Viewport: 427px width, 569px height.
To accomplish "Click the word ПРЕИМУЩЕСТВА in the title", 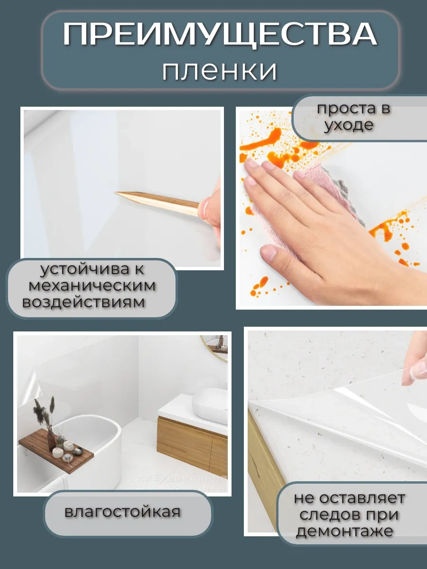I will (220, 35).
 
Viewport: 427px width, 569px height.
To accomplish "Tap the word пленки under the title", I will (220, 71).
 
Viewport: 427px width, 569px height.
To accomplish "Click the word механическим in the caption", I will (92, 286).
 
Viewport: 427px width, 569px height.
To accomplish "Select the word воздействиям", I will (84, 303).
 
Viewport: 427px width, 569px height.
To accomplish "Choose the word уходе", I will (349, 126).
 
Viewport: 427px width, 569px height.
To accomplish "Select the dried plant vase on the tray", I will (51, 439).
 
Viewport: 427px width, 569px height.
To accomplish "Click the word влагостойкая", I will (122, 513).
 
